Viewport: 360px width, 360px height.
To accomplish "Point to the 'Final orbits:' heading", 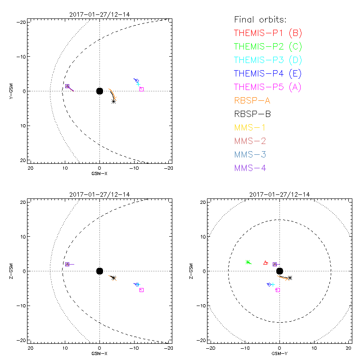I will coord(260,20).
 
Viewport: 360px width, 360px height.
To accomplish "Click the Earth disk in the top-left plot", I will coord(99,91).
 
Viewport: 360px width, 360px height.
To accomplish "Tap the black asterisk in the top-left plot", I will coord(114,102).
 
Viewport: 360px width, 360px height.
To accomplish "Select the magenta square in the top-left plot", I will coord(141,89).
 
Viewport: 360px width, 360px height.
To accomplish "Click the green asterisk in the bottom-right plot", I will coord(248,262).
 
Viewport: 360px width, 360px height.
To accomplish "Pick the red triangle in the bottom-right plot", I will coord(265,263).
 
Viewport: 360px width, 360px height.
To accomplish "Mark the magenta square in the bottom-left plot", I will coord(141,290).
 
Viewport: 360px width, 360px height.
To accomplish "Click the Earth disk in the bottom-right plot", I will coord(279,271).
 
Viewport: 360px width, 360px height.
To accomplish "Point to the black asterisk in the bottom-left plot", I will coord(113,278).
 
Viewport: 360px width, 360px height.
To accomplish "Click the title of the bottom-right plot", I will coord(279,194).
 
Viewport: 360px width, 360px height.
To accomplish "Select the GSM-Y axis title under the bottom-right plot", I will coord(279,354).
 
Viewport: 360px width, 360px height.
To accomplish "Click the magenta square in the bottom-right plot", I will coord(278,290).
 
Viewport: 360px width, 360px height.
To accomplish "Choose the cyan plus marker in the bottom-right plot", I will coord(272,285).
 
